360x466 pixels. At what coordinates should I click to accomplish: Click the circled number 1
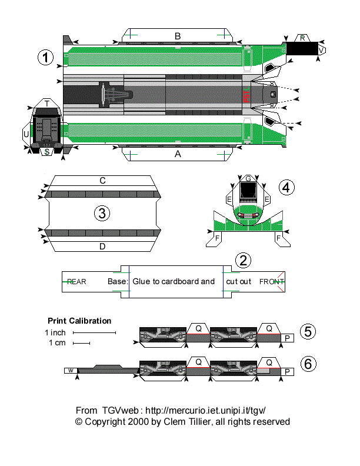pyautogui.click(x=45, y=58)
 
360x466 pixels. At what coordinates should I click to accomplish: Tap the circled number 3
pyautogui.click(x=102, y=214)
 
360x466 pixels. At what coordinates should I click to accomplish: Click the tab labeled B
pyautogui.click(x=178, y=36)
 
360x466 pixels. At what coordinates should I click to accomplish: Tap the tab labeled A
pyautogui.click(x=178, y=154)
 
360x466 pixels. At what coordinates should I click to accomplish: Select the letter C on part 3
pyautogui.click(x=102, y=181)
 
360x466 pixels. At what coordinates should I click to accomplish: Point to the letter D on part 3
pyautogui.click(x=102, y=247)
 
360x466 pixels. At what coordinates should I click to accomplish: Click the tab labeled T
pyautogui.click(x=46, y=104)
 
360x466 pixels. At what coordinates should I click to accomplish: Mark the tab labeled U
pyautogui.click(x=26, y=134)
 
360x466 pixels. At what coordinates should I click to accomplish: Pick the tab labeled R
pyautogui.click(x=302, y=38)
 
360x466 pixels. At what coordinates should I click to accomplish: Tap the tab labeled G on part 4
pyautogui.click(x=248, y=178)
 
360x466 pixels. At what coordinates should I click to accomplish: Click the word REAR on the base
pyautogui.click(x=76, y=282)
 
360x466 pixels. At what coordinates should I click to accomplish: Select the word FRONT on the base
pyautogui.click(x=272, y=282)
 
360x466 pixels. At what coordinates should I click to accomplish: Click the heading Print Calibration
pyautogui.click(x=79, y=321)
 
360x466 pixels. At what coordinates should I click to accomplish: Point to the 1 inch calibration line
pyautogui.click(x=94, y=333)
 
